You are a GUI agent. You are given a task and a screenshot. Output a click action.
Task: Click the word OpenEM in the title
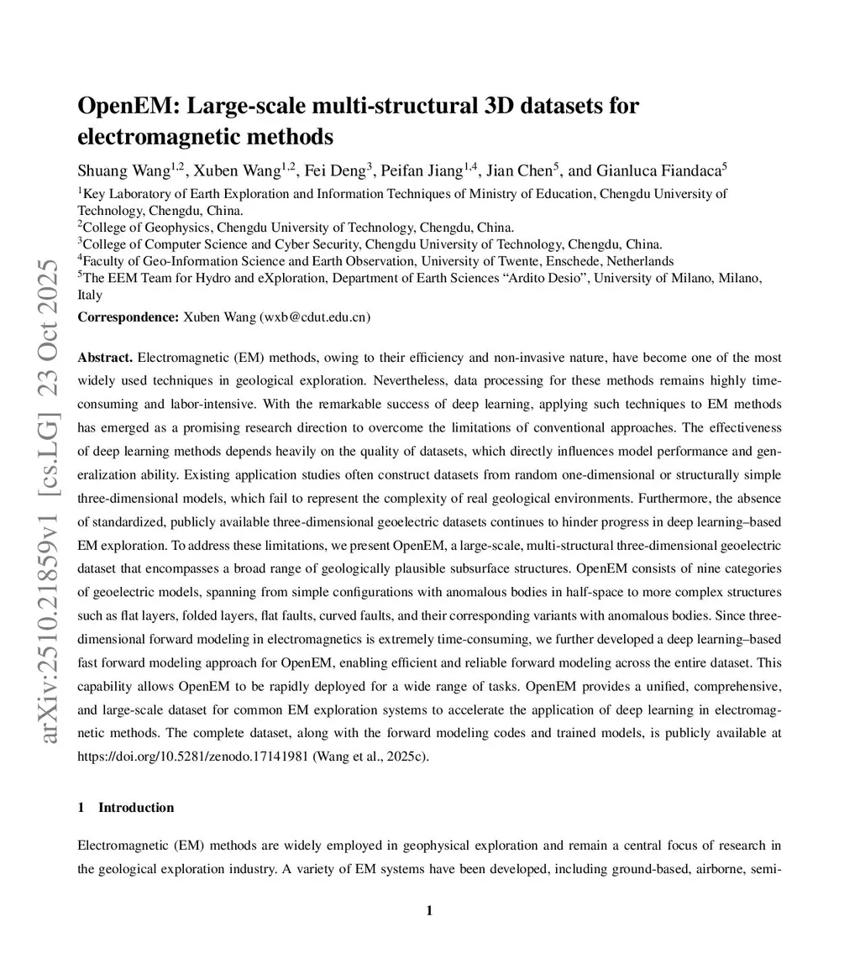[127, 107]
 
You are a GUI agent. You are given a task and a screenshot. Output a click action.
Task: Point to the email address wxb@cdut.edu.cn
[315, 317]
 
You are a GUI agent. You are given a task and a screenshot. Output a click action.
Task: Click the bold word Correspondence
[128, 317]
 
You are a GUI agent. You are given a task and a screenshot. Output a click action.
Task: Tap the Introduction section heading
[136, 808]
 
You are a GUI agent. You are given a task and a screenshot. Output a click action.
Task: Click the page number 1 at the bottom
[429, 911]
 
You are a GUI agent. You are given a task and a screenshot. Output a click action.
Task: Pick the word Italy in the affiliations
[90, 295]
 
